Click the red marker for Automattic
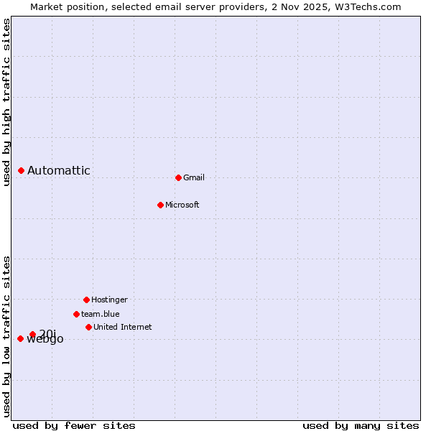tap(22, 170)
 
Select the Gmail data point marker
tap(178, 177)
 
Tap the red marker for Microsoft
tap(161, 205)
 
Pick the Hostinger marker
tap(86, 300)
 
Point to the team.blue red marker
tap(76, 314)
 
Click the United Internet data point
tap(88, 327)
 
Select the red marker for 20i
tap(32, 334)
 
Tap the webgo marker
tap(20, 338)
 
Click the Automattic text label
tap(59, 170)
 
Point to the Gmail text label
tap(194, 177)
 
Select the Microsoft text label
tap(182, 205)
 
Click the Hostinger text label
tap(109, 300)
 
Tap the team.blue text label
tap(101, 314)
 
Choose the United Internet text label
tap(123, 327)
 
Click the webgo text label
tap(45, 340)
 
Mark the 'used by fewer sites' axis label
tap(74, 425)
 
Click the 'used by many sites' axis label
tap(361, 425)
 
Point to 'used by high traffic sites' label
tap(6, 102)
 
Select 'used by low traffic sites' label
tap(6, 336)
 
